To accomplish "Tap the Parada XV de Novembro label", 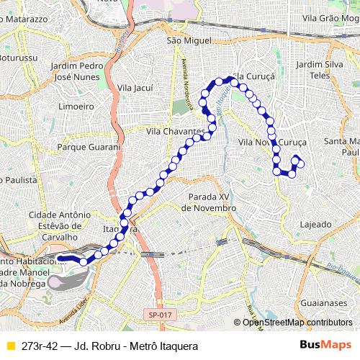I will tap(208, 202).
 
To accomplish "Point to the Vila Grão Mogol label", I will tap(330, 18).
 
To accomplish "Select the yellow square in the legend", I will tap(10, 346).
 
